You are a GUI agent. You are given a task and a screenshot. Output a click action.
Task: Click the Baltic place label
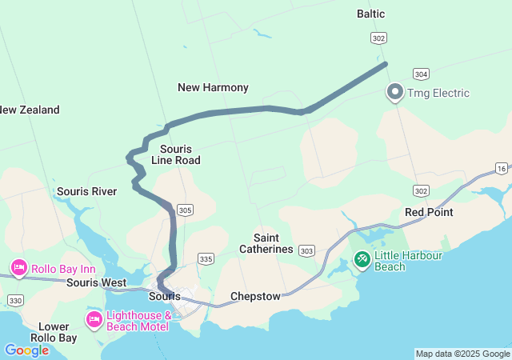coord(370,14)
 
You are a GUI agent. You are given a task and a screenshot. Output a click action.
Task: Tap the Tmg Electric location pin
coord(394,93)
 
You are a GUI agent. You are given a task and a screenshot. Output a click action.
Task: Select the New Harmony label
coord(213,87)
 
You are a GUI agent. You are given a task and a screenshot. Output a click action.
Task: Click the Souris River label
coord(86,191)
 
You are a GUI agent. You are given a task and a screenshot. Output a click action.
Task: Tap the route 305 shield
coord(186,210)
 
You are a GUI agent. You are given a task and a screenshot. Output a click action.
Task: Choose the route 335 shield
coord(206,258)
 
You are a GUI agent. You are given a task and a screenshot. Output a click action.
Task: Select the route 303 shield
coord(307,251)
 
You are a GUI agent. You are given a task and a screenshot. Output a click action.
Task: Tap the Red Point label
coord(429,212)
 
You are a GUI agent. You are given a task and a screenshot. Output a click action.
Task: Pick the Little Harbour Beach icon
coord(362,259)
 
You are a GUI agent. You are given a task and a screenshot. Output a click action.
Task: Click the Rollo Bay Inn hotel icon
coord(18,267)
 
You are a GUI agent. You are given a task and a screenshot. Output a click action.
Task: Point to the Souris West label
coord(97,282)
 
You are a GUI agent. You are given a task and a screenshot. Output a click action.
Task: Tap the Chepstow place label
coord(255,296)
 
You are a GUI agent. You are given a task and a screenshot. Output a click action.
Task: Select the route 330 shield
coord(15,300)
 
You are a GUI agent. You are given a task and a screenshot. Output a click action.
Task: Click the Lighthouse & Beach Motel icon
coord(94,321)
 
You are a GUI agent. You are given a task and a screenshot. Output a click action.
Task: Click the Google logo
coord(26,350)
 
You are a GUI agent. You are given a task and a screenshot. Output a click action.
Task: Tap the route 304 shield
coord(421,74)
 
